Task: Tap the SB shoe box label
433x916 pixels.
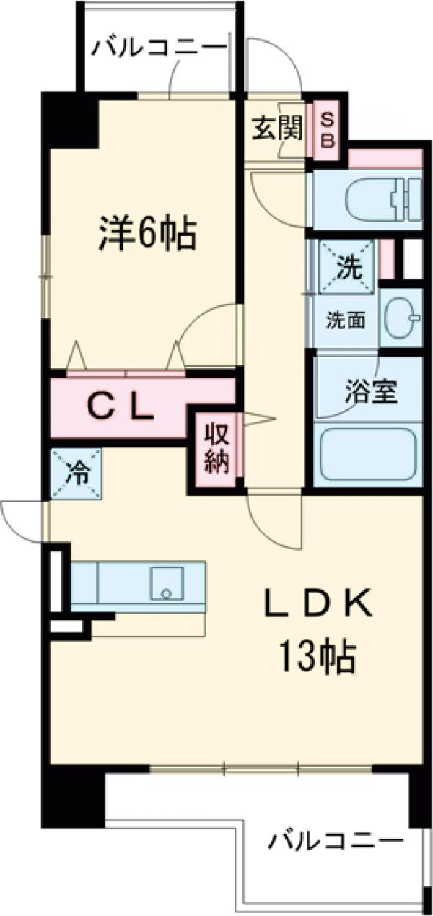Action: (x=328, y=129)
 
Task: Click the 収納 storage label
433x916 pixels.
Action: (x=216, y=447)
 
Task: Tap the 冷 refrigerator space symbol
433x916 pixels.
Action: (x=75, y=474)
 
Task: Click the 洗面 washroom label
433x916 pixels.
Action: (x=343, y=319)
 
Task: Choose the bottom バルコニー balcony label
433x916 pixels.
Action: (x=336, y=841)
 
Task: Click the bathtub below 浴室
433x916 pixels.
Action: (x=367, y=455)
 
